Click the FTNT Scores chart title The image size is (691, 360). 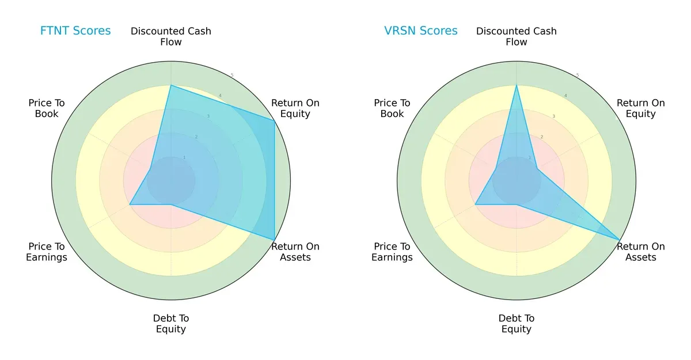(75, 31)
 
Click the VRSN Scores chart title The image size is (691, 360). (421, 31)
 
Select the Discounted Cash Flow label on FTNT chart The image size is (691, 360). (171, 36)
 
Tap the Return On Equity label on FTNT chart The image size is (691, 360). (295, 108)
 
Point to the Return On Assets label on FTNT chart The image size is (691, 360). (295, 252)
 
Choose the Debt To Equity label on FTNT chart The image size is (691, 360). (171, 324)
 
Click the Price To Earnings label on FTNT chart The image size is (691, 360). (47, 252)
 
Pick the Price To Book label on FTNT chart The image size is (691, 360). (47, 108)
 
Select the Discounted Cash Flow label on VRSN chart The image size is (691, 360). (517, 36)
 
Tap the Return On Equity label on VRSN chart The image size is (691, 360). (640, 108)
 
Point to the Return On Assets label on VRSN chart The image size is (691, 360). (640, 252)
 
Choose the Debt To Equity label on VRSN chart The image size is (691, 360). (517, 324)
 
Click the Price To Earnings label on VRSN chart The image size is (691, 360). (392, 252)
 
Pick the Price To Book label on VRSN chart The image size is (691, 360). (392, 108)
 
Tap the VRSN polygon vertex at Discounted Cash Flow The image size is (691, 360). (517, 85)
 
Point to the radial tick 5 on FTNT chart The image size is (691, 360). (232, 75)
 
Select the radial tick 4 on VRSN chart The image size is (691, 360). (565, 96)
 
